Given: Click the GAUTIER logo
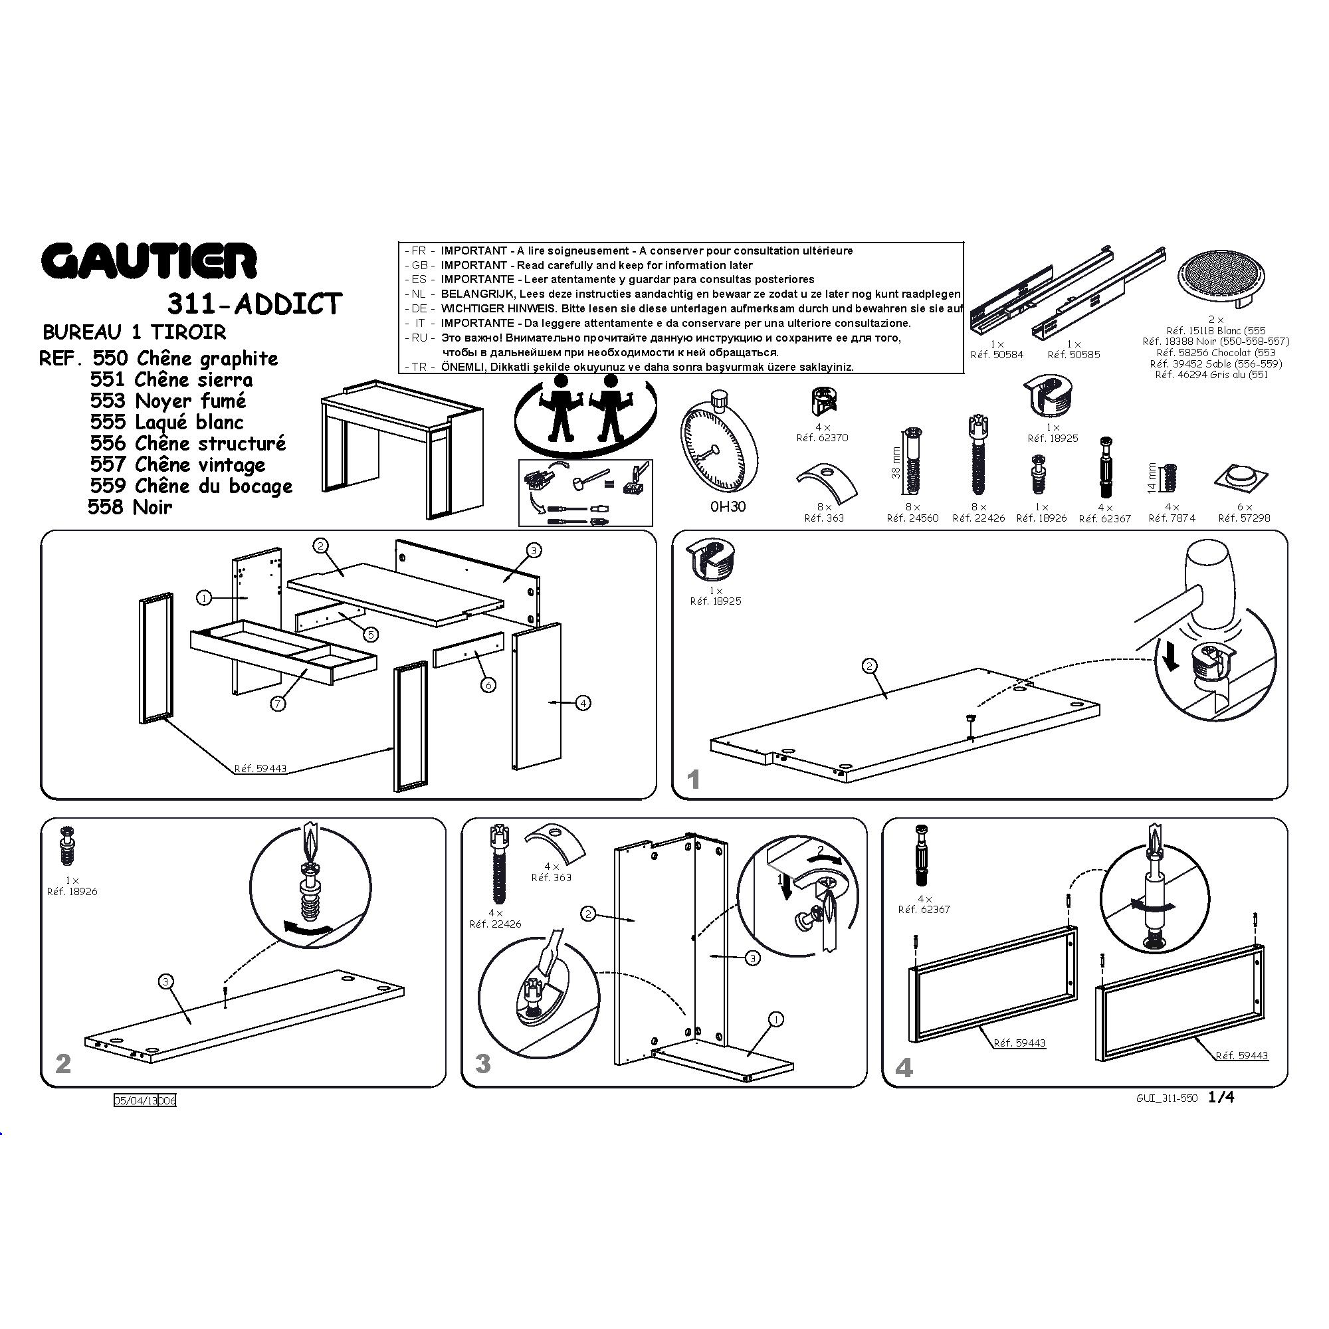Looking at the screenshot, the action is [149, 261].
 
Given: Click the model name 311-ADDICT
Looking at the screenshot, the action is [254, 304].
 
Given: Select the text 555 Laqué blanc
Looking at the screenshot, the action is [167, 422].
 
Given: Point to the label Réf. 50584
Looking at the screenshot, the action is [997, 355].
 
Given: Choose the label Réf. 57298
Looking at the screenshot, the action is [1245, 518].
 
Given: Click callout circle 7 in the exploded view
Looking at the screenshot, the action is [278, 703].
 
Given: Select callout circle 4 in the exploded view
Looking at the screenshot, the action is [583, 703].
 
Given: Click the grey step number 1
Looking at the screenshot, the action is [693, 779].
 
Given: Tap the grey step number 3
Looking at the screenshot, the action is [483, 1064].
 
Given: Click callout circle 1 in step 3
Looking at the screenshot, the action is [775, 1019].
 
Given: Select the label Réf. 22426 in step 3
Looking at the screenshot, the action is [495, 924].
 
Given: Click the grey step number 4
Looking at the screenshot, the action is [904, 1068].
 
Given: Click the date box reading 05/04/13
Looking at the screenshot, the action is [136, 1100].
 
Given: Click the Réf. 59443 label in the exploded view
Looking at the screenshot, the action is [260, 768].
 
